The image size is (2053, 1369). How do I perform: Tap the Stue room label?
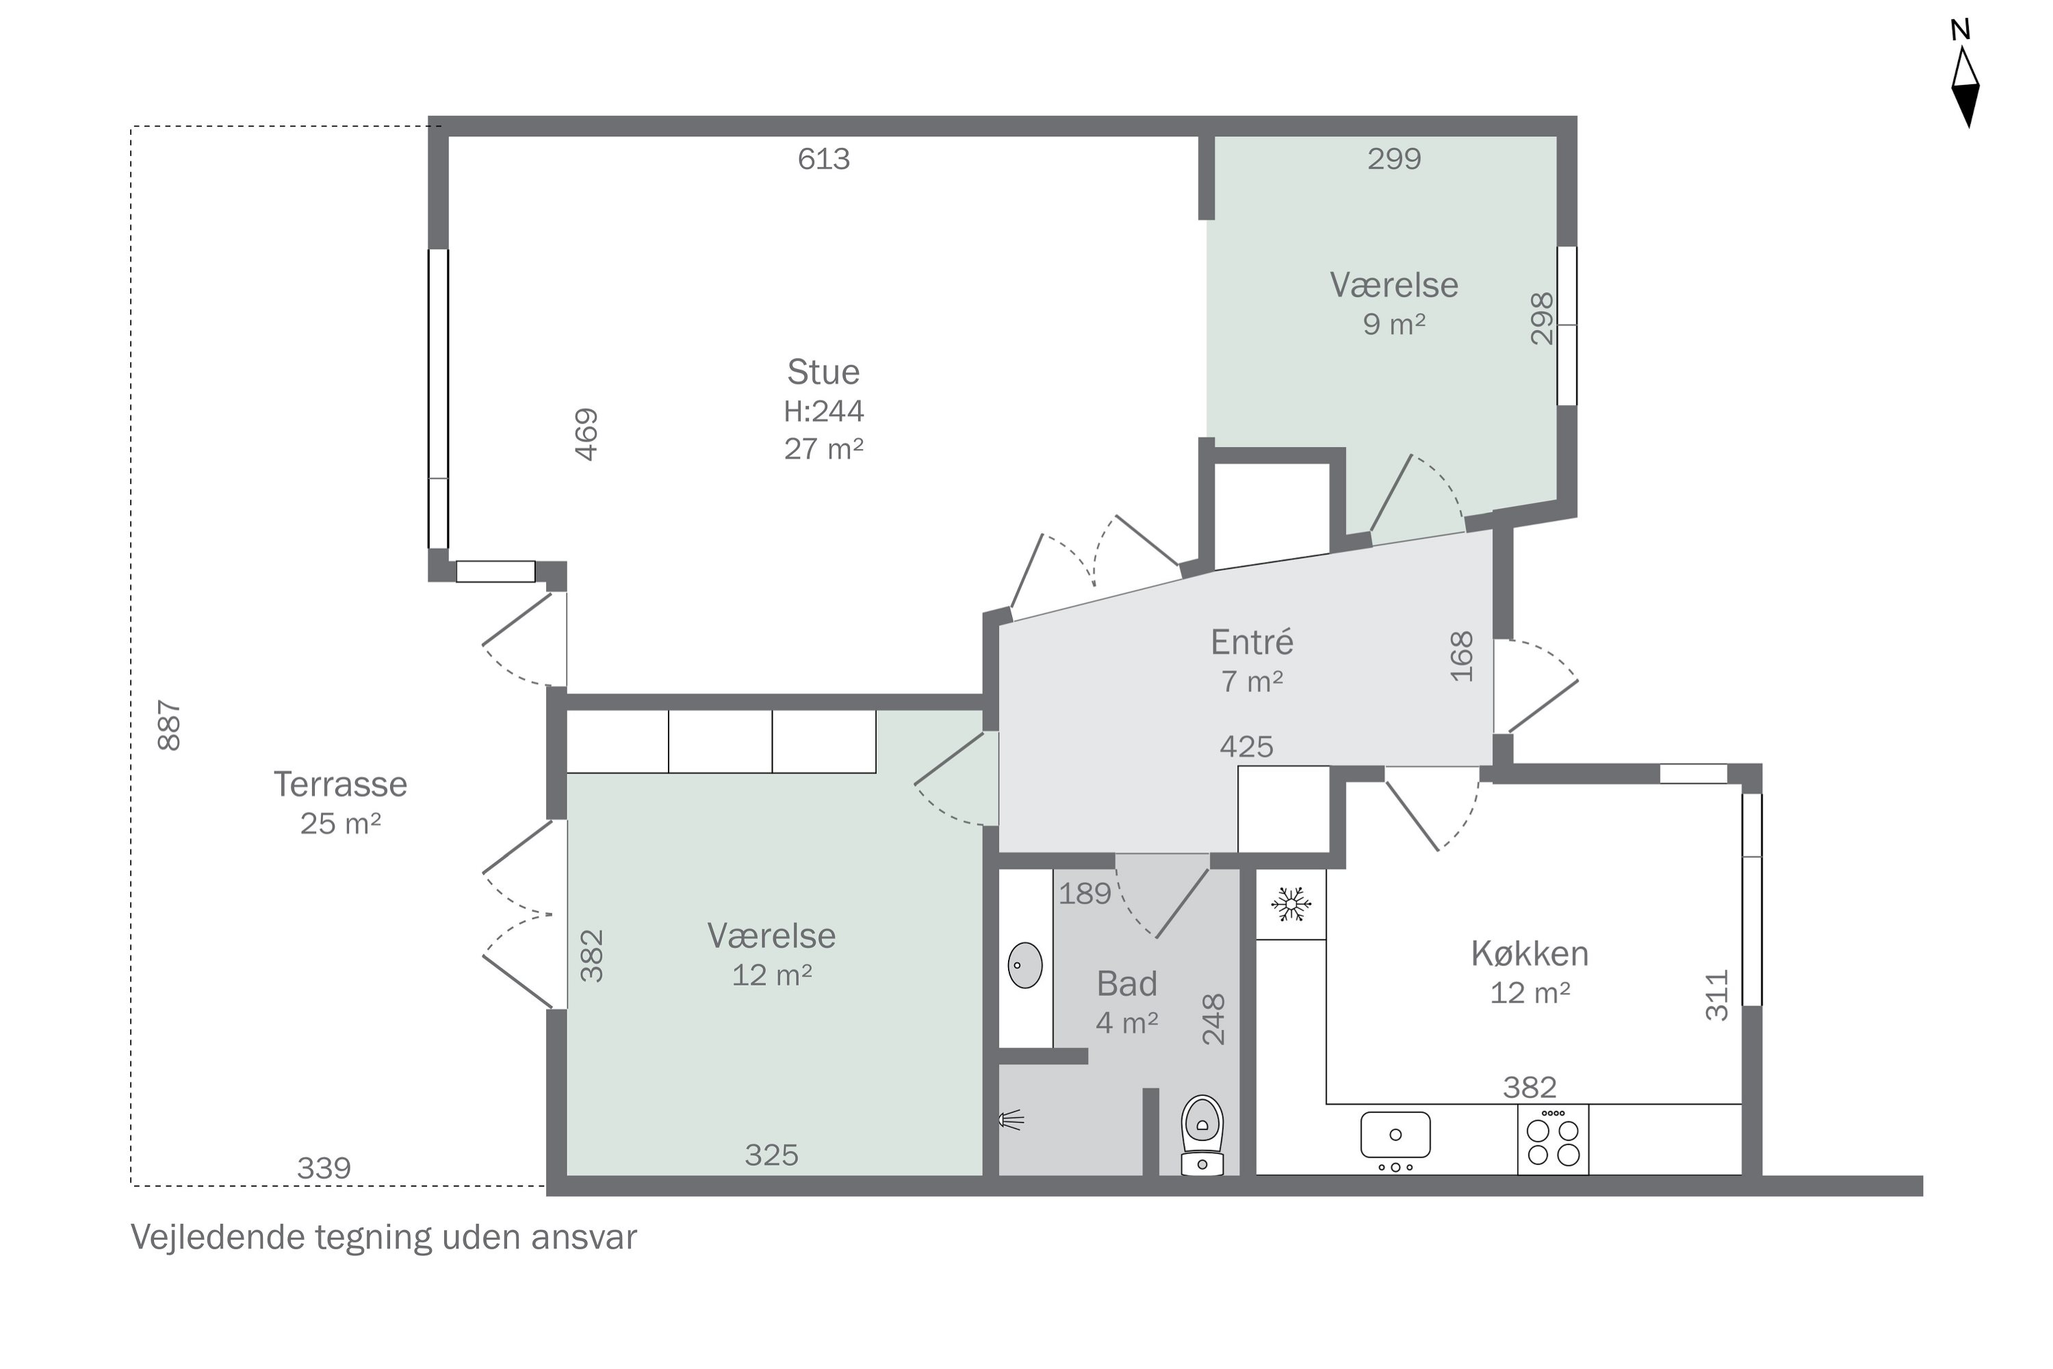(823, 372)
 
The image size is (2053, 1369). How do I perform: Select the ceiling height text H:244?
(823, 410)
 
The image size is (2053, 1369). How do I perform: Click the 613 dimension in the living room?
(823, 159)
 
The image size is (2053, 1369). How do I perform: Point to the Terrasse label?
(340, 784)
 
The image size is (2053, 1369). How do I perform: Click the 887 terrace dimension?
(168, 725)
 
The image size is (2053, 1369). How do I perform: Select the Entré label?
(1252, 642)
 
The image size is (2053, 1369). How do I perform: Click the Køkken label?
(1529, 954)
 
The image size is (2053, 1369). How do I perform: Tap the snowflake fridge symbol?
(1291, 904)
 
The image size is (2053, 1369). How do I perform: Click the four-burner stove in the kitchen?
(1553, 1140)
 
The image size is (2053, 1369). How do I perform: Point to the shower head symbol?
(1011, 1119)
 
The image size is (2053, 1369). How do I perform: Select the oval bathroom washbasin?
(1024, 964)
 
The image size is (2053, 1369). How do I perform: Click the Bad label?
(1127, 984)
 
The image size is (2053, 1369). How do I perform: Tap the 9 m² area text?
(1394, 324)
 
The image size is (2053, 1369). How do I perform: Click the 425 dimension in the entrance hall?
(1246, 747)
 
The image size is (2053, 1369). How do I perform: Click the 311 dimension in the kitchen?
(1717, 995)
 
